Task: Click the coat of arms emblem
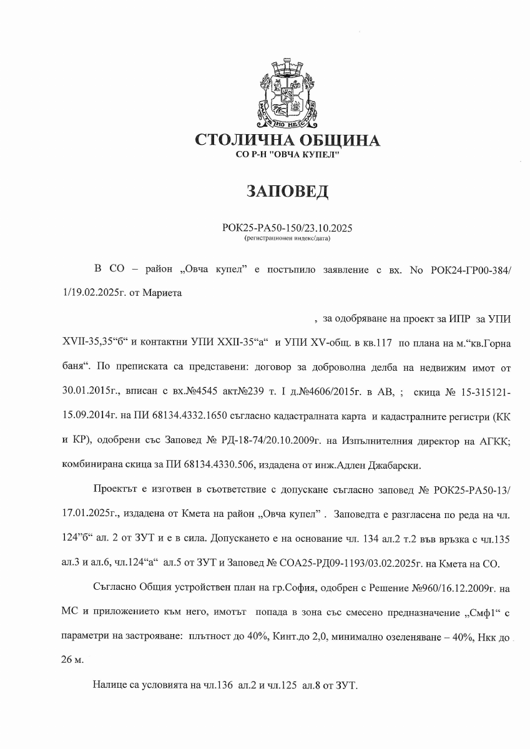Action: tap(287, 94)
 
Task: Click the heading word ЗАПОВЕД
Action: tap(287, 192)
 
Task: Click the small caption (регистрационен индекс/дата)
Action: tap(287, 238)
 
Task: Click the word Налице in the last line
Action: tap(112, 685)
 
